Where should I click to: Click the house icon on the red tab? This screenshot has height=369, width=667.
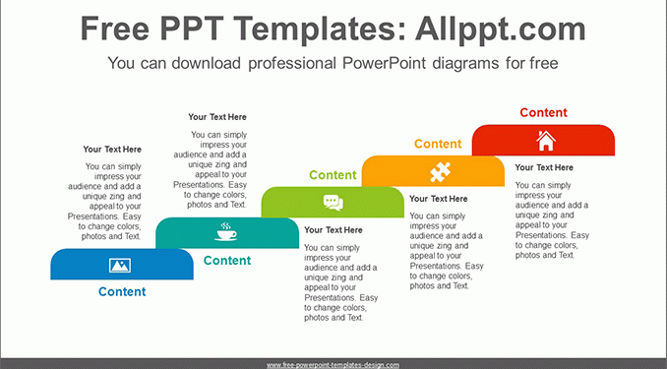(546, 141)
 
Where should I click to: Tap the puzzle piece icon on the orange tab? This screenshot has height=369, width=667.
(440, 172)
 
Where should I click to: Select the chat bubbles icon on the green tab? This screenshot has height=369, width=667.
(333, 203)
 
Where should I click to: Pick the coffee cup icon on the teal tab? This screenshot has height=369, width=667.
(225, 232)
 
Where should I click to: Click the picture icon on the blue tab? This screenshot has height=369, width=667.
(120, 265)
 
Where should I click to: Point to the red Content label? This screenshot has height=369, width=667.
(543, 112)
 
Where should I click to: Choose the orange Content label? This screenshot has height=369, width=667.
(438, 144)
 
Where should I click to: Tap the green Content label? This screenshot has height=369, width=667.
(333, 175)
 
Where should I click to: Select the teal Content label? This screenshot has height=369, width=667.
(227, 261)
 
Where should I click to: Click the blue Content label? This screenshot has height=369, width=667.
(122, 291)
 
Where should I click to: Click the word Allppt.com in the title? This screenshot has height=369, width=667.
(501, 29)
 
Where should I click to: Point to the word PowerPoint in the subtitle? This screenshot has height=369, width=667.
(384, 63)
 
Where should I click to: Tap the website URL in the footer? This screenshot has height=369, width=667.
(333, 365)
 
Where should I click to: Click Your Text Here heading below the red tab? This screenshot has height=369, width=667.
(544, 167)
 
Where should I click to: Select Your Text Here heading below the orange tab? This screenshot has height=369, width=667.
(438, 199)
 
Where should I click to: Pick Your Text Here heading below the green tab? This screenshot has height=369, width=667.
(333, 230)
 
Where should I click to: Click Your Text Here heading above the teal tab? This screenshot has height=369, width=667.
(217, 117)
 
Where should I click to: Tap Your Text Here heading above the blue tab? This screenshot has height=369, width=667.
(112, 150)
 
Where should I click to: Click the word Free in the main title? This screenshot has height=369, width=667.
(115, 29)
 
